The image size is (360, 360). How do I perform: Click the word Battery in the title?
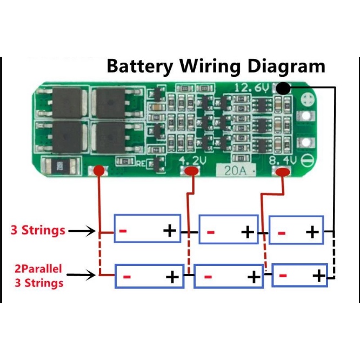[141, 67]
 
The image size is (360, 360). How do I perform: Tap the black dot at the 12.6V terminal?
[282, 89]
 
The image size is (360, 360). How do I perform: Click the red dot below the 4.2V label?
[191, 171]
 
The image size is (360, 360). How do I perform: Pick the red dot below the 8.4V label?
[282, 172]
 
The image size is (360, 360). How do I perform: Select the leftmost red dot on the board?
[99, 171]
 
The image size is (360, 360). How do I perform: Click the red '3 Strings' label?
[38, 230]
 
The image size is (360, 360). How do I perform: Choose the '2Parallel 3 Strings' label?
[38, 275]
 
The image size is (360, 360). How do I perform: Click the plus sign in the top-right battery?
[312, 232]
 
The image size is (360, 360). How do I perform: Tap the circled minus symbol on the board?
[305, 160]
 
